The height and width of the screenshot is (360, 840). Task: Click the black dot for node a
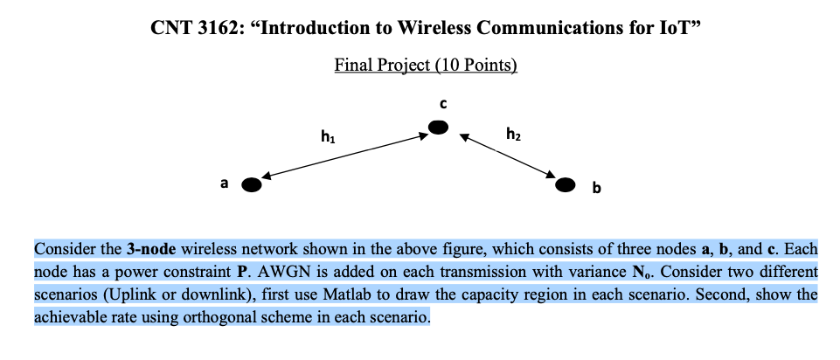pos(252,184)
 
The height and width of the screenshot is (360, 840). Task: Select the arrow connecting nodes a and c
pos(345,157)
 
